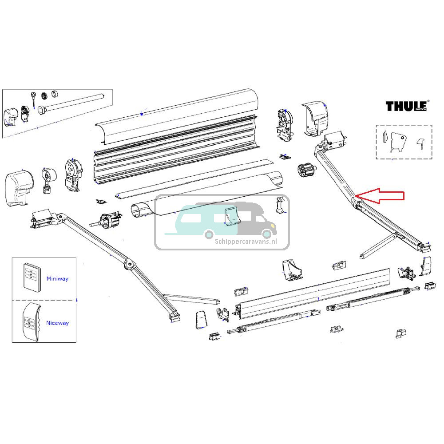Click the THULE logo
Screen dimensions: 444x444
click(x=407, y=106)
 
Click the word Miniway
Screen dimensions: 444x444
click(x=57, y=278)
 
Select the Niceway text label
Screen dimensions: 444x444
click(x=57, y=323)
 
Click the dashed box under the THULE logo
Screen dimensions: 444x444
click(x=404, y=142)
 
